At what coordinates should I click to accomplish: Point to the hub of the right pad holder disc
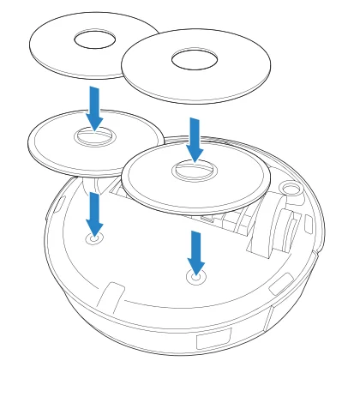[x=194, y=170]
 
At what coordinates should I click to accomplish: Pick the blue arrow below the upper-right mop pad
[x=195, y=139]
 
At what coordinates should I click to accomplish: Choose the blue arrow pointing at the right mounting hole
[x=196, y=251]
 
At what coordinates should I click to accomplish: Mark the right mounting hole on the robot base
[x=196, y=277]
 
